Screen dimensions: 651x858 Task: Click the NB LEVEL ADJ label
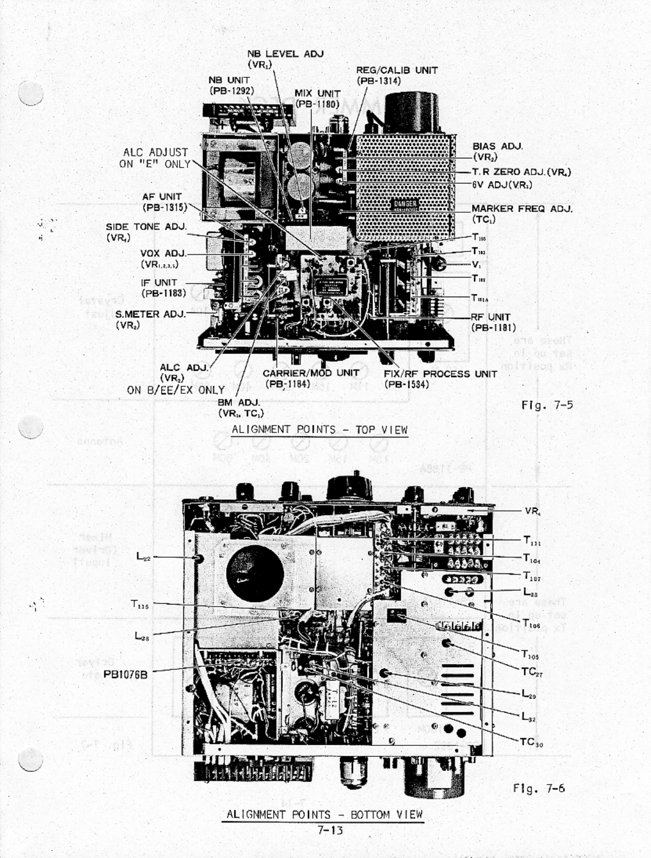285,54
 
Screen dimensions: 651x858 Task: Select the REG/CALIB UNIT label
396,70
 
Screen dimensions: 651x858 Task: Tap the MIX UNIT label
317,94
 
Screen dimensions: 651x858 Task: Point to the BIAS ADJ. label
497,146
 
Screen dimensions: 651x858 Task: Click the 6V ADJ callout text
501,184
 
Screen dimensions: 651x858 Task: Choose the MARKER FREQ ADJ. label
522,208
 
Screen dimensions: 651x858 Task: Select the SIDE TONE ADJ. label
146,226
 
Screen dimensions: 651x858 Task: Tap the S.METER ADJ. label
150,314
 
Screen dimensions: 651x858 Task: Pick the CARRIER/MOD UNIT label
311,373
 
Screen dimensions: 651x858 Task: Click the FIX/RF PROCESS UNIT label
440,374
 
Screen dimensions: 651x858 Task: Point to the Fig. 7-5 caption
547,405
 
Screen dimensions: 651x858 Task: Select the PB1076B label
125,675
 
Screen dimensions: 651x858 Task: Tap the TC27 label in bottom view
531,672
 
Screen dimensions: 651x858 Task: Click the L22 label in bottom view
143,557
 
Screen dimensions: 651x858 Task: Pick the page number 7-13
330,830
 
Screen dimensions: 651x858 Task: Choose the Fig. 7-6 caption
539,788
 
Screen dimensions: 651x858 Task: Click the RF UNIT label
491,317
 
